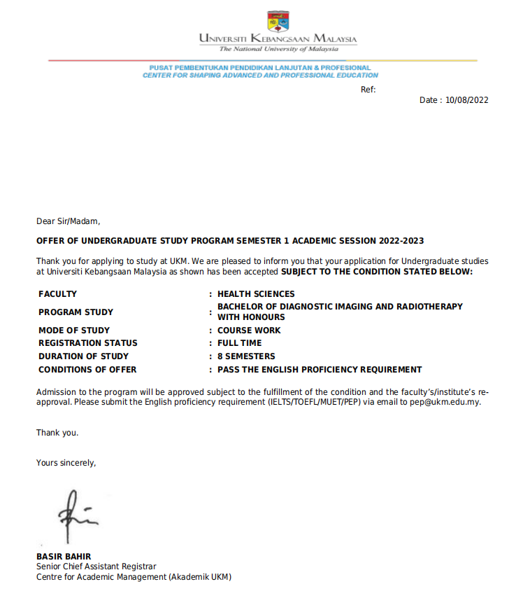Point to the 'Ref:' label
tap(368, 90)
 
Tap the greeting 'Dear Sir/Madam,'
tap(69, 222)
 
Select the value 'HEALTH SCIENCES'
tap(256, 294)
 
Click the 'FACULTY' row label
tap(57, 294)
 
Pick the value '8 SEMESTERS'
tap(246, 356)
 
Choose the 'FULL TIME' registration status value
tap(240, 343)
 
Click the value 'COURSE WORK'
tap(249, 331)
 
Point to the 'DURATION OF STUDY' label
tap(83, 356)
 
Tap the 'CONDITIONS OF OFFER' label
tap(87, 370)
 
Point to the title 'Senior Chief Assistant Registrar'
tap(96, 566)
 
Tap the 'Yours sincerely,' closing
tap(66, 463)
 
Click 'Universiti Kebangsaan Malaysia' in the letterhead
tap(278, 39)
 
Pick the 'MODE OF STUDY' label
tap(74, 331)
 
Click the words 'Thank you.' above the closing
tap(57, 433)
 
